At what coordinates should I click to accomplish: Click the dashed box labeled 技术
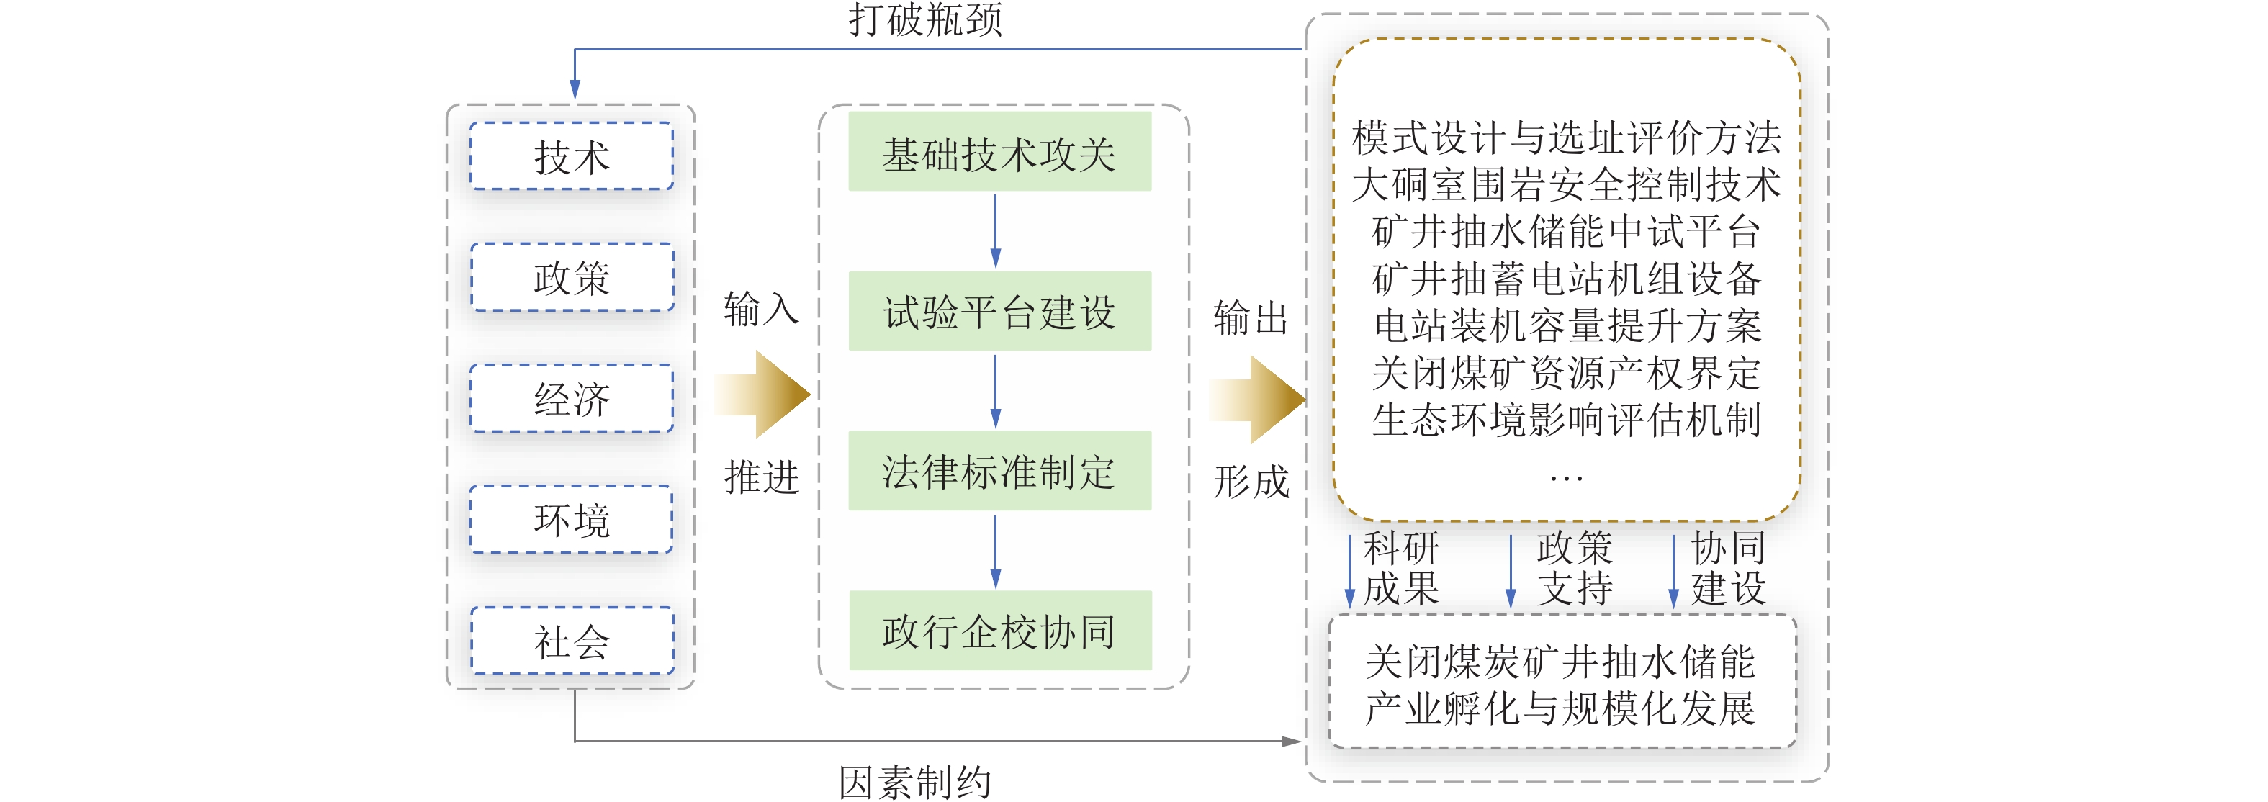572,157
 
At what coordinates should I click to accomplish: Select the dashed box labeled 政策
572,277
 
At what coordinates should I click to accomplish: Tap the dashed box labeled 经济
572,399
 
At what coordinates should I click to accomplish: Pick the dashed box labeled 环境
572,519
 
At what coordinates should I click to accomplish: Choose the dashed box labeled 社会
572,641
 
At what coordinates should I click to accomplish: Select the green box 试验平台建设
999,311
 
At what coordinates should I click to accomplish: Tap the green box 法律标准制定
999,471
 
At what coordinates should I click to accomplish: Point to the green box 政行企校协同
999,631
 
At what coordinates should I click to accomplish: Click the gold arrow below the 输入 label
762,395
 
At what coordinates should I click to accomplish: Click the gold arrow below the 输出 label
1257,399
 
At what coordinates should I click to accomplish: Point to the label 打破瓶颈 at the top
925,19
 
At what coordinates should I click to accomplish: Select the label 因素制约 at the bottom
915,782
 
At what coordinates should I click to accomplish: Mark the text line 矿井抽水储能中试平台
1566,232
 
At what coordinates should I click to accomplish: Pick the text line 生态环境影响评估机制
1566,420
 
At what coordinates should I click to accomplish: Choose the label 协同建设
1728,568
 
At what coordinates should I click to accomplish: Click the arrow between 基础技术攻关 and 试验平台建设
996,230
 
